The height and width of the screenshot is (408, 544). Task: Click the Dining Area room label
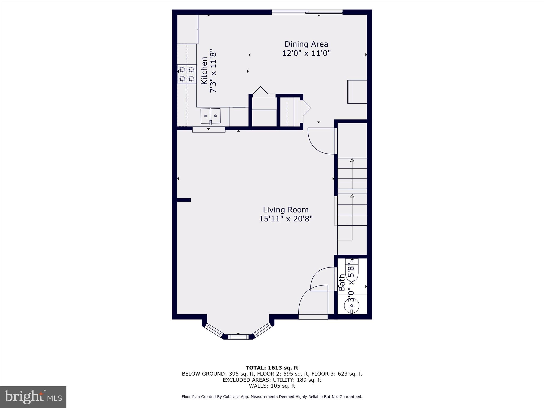(306, 44)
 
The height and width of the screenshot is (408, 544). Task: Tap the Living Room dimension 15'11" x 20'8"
(286, 219)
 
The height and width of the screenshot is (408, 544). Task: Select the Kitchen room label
(204, 71)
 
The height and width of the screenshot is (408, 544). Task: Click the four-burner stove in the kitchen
(187, 74)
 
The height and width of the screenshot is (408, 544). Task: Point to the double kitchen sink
(210, 116)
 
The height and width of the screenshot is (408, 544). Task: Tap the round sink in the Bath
(352, 306)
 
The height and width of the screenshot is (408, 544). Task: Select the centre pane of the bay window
(238, 337)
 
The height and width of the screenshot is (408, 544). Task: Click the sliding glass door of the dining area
(307, 12)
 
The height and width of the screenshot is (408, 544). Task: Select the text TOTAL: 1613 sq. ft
(272, 368)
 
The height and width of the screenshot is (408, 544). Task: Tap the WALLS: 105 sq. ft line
(272, 386)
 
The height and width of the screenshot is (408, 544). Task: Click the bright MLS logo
(33, 397)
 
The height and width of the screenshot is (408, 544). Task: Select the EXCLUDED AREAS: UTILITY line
(272, 380)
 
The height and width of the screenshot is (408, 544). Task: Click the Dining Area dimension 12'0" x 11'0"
(306, 53)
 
